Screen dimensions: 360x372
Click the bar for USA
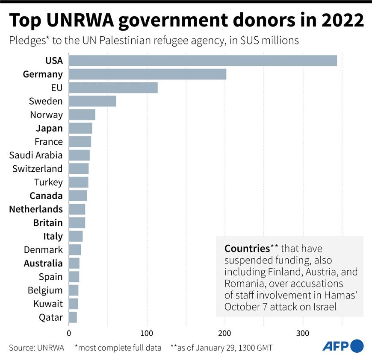203,61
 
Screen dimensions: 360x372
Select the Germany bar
148,74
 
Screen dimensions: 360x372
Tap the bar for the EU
113,88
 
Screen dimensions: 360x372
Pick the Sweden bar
92,101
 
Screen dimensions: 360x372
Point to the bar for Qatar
73,317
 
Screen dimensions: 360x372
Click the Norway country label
46,115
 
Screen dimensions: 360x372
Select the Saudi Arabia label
38,155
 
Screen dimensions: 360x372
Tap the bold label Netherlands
35,209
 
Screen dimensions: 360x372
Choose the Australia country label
43,263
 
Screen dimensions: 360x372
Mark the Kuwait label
48,304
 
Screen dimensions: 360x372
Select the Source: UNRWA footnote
36,348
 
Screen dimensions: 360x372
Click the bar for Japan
80,128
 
